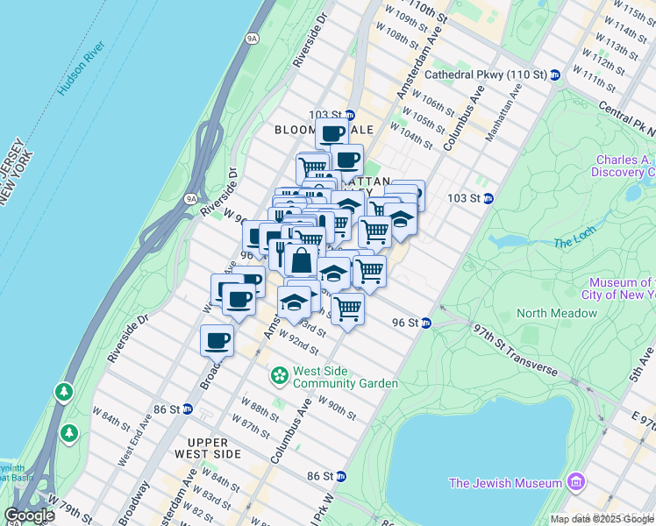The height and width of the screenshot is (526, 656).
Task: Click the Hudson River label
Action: [x=82, y=69]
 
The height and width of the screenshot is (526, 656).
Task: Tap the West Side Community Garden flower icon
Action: [x=280, y=376]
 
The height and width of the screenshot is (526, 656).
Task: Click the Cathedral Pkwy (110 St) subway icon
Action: [x=555, y=75]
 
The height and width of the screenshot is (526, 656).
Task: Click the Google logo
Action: [x=29, y=515]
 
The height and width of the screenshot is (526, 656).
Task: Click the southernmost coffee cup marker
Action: [x=217, y=341]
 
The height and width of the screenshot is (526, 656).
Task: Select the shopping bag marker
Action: [x=301, y=261]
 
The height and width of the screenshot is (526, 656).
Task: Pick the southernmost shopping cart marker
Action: [x=348, y=309]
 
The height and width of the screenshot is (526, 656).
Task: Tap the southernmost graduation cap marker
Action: [x=294, y=304]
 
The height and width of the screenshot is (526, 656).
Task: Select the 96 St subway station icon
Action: [x=426, y=323]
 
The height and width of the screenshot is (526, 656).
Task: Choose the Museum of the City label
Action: [x=622, y=288]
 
